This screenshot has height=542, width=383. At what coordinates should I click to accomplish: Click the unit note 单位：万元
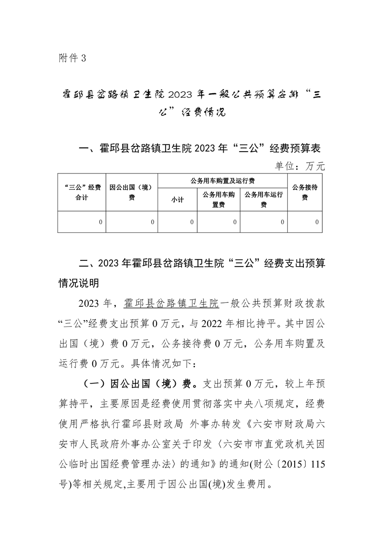tap(300, 166)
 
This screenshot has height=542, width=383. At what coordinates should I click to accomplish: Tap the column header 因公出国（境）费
tap(131, 192)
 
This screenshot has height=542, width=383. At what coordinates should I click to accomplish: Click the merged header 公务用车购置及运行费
tap(223, 180)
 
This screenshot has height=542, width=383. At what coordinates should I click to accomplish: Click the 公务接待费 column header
tap(304, 192)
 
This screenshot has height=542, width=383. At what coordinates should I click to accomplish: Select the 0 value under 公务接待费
tap(317, 222)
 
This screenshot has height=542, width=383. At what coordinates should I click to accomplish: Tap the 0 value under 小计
tap(192, 222)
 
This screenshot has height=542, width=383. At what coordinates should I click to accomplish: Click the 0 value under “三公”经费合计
tap(100, 222)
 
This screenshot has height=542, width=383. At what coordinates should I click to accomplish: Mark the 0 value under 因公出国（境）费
tap(152, 222)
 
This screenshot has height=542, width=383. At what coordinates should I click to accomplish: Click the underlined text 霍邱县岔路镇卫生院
tap(171, 303)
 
